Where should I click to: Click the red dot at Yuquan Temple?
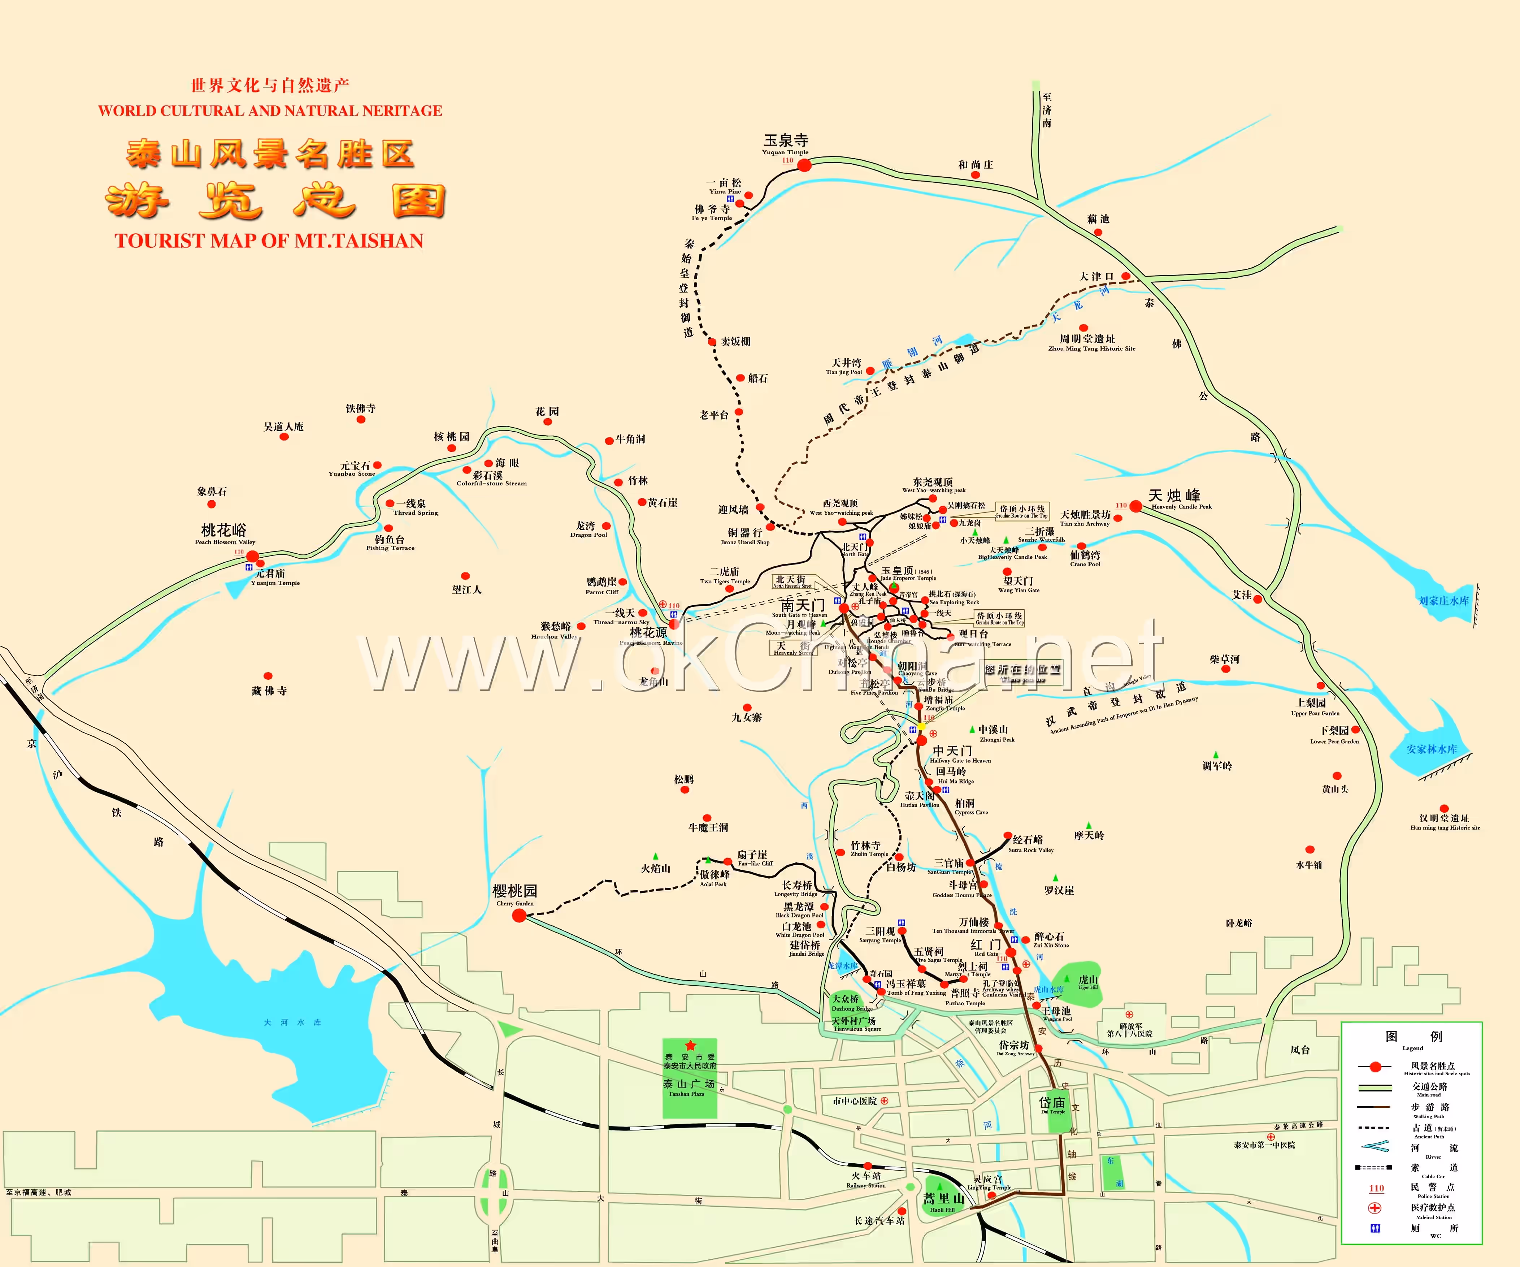804,165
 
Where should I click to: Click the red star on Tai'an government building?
690,1045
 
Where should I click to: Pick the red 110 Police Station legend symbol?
1376,1188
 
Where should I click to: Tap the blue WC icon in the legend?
1375,1228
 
